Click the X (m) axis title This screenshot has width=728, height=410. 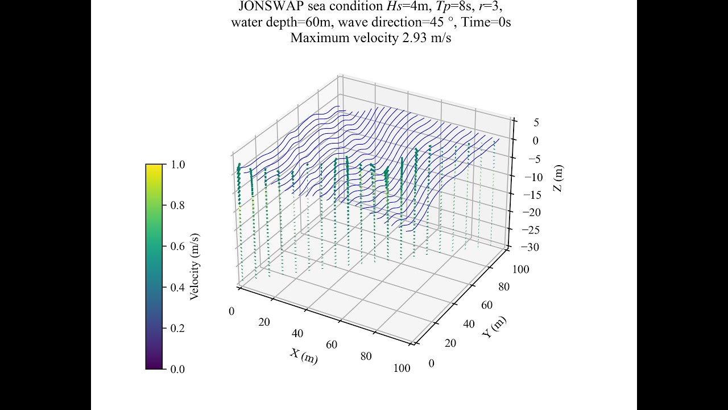coord(304,356)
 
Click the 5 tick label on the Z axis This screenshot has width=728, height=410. coord(536,122)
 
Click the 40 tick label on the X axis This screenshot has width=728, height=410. coord(298,334)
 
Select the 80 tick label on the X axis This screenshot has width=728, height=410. coord(366,356)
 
